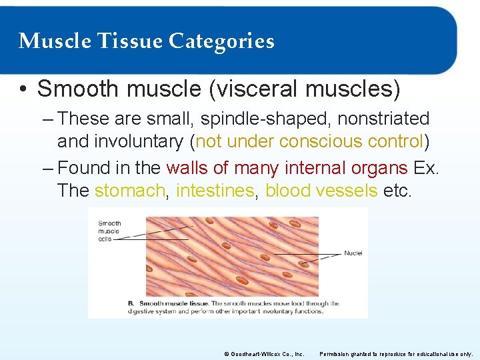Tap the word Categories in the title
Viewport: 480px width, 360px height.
point(221,41)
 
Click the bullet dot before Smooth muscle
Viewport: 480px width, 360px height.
point(24,89)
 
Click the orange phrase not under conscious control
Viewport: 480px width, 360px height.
point(309,141)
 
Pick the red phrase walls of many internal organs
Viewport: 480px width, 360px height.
point(287,167)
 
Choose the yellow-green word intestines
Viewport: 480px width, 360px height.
point(215,190)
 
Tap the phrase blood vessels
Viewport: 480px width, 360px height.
point(321,190)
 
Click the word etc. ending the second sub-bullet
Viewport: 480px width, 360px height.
point(398,190)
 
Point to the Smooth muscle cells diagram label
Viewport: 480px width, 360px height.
point(109,231)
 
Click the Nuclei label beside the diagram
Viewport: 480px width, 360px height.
point(353,253)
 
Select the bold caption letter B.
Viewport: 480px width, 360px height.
point(131,303)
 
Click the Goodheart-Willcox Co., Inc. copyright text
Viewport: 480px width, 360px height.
point(265,353)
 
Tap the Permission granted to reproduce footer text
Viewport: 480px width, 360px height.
point(397,353)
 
